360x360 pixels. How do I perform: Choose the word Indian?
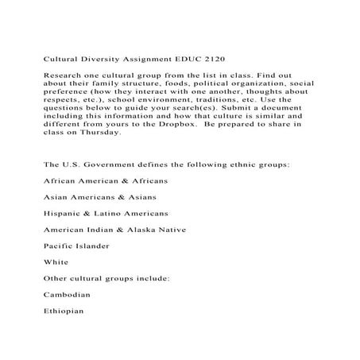pos(104,230)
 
